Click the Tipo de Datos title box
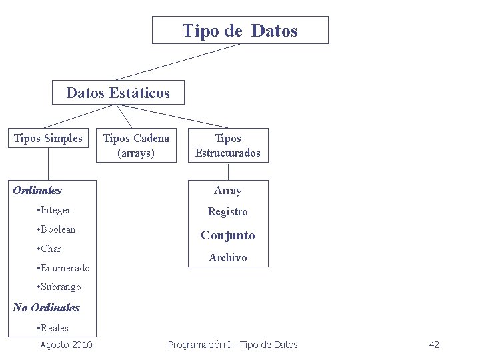(240, 31)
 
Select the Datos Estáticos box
(118, 93)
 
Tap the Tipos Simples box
(49, 138)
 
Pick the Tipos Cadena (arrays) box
(135, 145)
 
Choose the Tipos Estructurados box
(228, 145)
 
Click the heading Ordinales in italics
(37, 190)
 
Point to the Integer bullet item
(55, 211)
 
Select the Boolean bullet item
(57, 229)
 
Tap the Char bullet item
(51, 249)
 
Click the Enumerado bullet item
(64, 268)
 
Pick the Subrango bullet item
(60, 287)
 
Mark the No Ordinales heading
(46, 307)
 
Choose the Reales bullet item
(53, 328)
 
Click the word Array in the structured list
(228, 191)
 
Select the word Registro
(228, 212)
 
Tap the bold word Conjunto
(228, 235)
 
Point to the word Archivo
(228, 257)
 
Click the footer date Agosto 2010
(66, 345)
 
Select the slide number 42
(434, 345)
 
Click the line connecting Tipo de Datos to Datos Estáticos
(178, 62)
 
